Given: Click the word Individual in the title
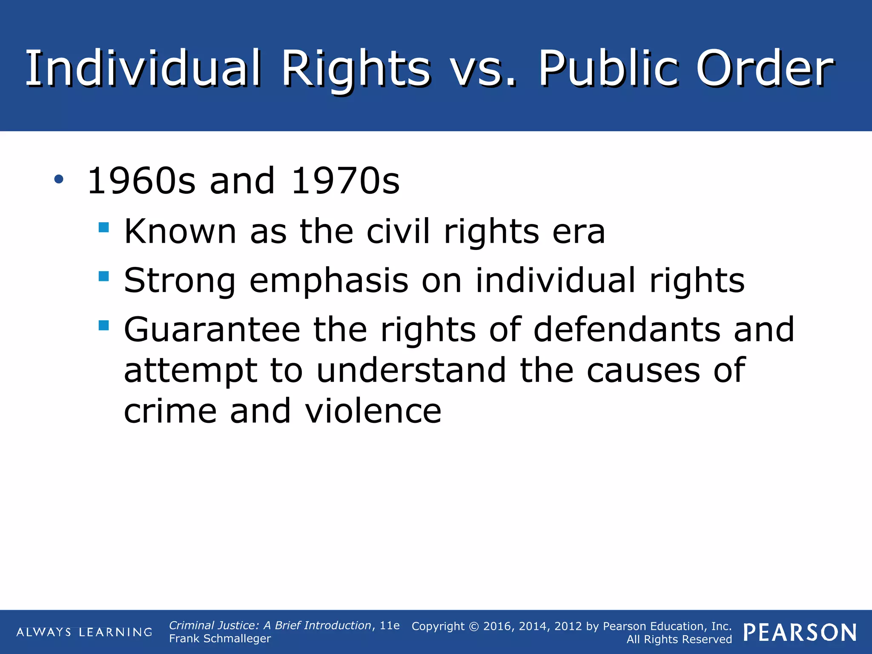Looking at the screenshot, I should tap(143, 68).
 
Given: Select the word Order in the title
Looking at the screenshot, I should tap(765, 68).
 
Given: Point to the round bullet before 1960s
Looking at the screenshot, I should tap(59, 180).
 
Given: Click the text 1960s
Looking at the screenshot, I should tap(141, 181).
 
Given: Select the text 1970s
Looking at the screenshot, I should tap(345, 181).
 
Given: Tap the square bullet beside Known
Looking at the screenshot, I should tap(103, 227).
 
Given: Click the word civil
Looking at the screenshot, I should tap(398, 232).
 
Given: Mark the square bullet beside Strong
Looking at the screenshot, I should tap(103, 276).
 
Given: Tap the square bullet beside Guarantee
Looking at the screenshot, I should tap(103, 326).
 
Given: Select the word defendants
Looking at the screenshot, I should tap(627, 330).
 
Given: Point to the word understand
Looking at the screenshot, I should tap(411, 370).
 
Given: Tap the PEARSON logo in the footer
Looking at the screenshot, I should tap(800, 632).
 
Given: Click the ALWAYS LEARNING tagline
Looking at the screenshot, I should tap(84, 632).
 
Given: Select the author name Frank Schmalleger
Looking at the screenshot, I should tap(220, 639).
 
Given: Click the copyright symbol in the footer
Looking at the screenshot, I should tap(474, 627).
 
